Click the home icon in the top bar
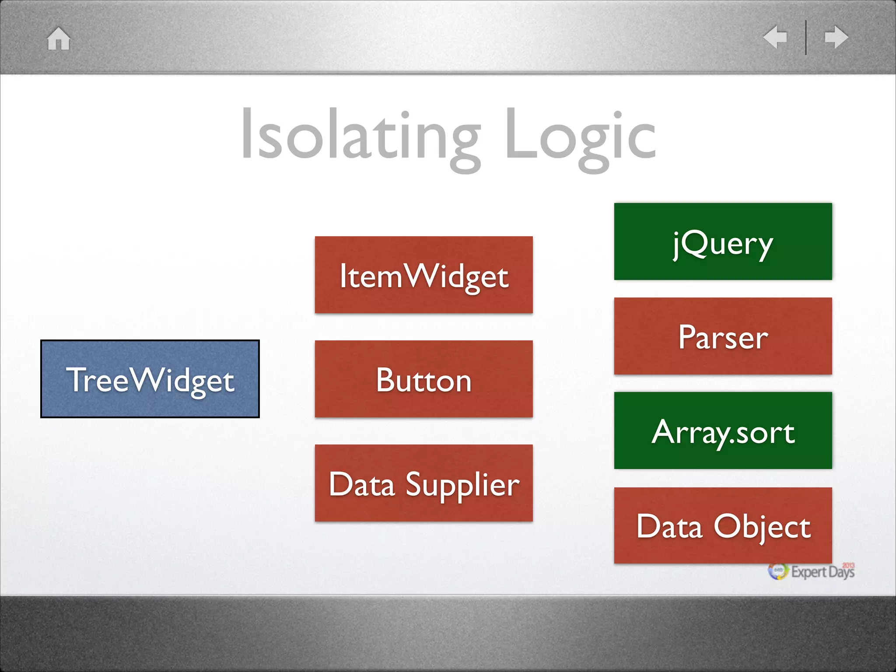coord(59,39)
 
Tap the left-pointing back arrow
coord(775,37)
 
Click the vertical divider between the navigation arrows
coord(805,38)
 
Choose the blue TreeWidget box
coord(150,379)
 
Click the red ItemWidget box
coord(423,275)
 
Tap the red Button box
coord(423,379)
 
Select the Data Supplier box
coord(423,483)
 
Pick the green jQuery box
coord(723,241)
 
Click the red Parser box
coord(723,336)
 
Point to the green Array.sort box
coord(723,430)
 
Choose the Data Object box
coord(723,525)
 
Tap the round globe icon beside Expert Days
coord(778,571)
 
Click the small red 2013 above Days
coord(848,565)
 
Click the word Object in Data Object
coord(762,527)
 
